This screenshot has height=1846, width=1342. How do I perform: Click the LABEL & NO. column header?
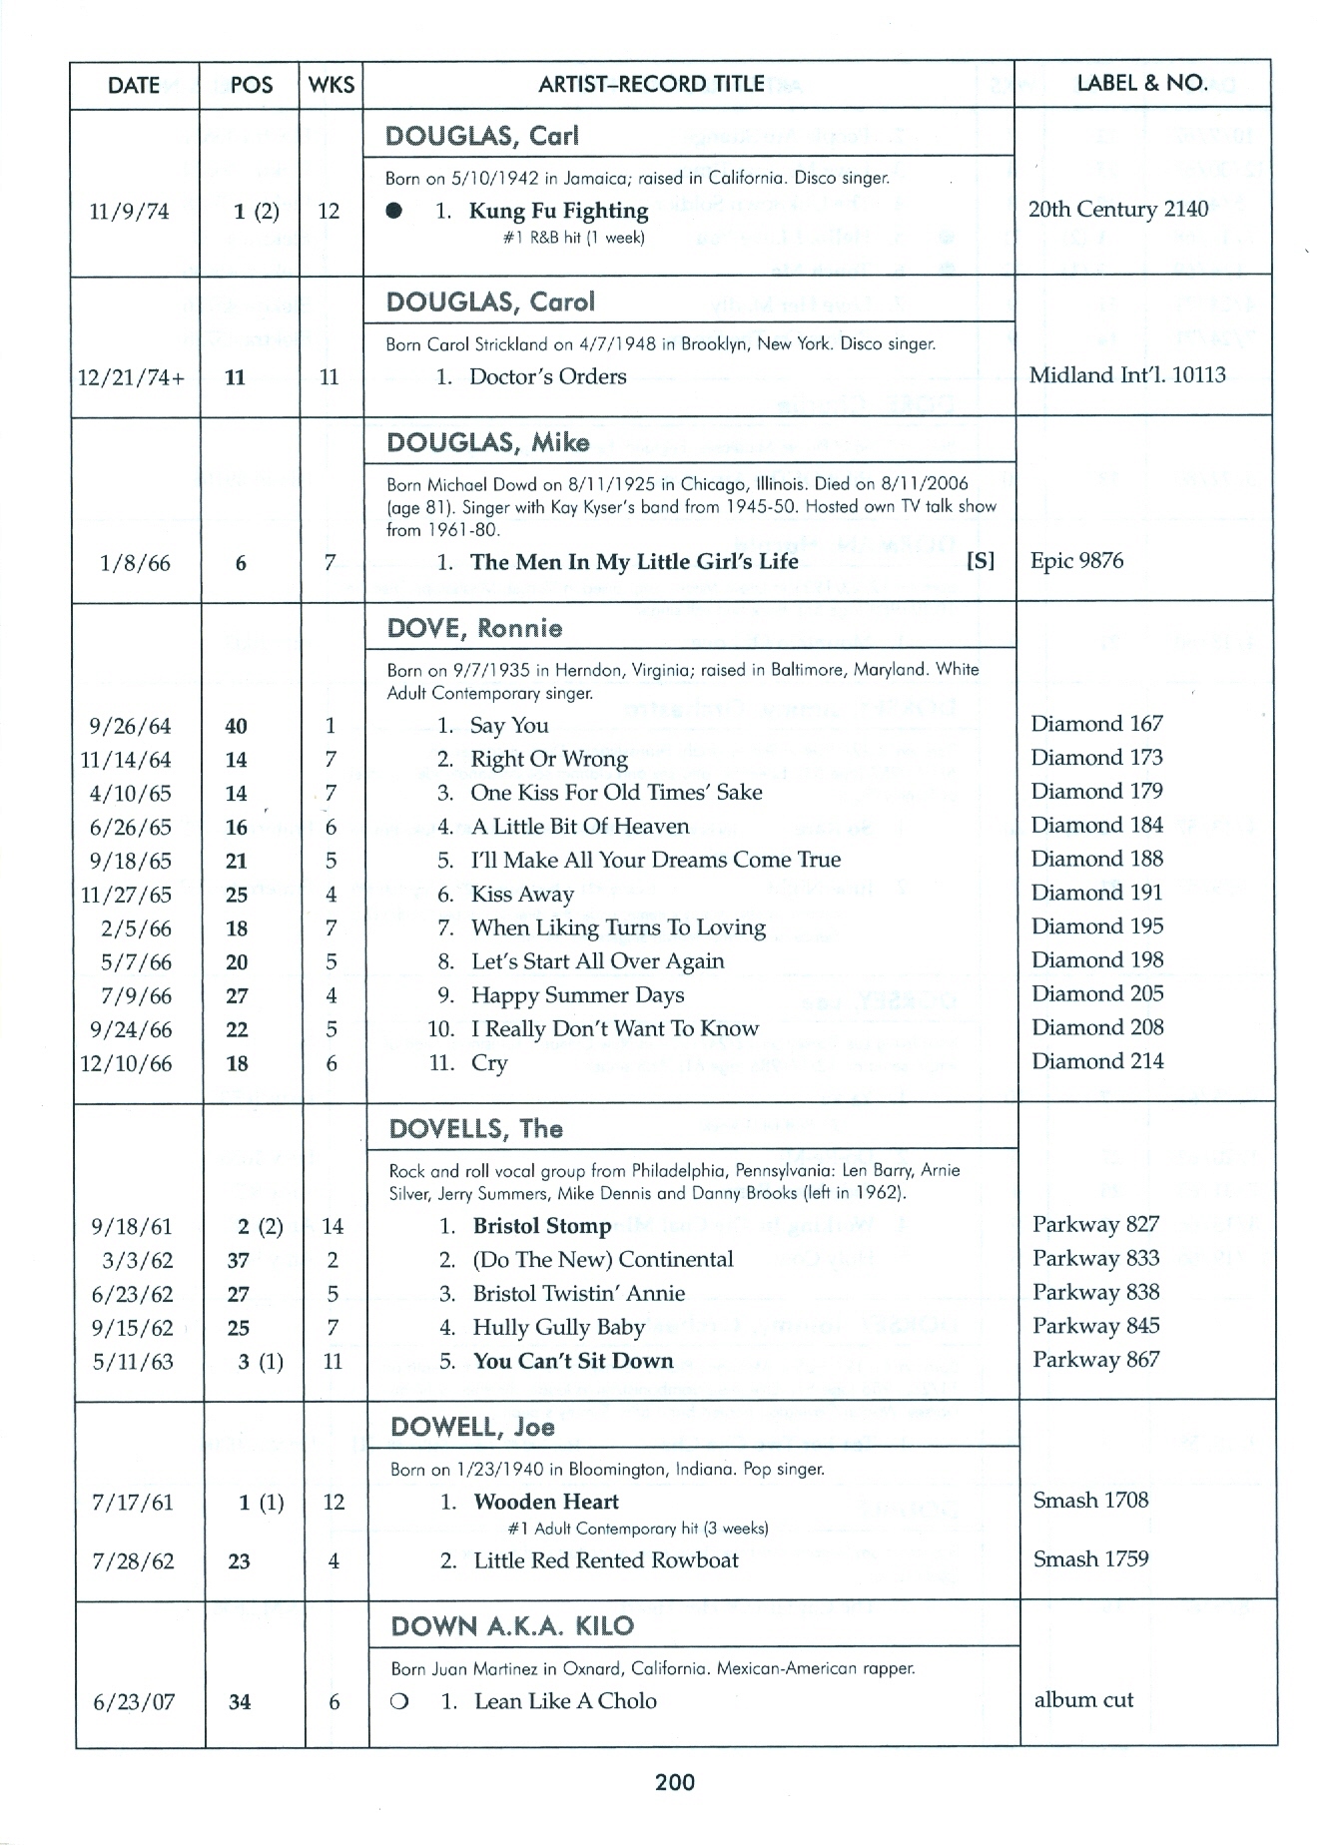click(x=1141, y=84)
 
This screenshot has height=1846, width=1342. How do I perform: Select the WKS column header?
click(x=332, y=85)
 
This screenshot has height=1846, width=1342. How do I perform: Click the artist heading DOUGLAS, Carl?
click(x=482, y=136)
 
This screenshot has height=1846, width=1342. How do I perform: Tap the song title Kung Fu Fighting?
click(x=558, y=211)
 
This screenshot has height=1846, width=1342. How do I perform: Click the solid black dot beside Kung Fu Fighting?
click(x=395, y=212)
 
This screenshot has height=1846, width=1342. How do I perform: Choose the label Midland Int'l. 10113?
click(x=1127, y=375)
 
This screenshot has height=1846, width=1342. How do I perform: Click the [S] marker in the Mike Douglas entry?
click(x=981, y=561)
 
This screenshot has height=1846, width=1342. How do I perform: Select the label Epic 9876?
click(x=1076, y=561)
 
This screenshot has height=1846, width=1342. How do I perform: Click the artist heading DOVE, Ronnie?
click(x=474, y=628)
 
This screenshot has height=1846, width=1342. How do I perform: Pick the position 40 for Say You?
click(x=237, y=727)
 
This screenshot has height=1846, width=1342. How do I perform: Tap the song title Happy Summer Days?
click(x=577, y=995)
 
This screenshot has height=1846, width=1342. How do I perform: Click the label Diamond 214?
click(x=1097, y=1061)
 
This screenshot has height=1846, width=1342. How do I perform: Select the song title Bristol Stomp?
click(x=541, y=1226)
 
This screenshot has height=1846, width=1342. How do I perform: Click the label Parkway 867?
click(x=1095, y=1360)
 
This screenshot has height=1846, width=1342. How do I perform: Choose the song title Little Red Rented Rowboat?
click(x=606, y=1560)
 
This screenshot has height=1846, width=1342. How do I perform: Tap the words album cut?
click(x=1083, y=1700)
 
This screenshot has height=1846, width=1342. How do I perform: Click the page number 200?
click(x=675, y=1782)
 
